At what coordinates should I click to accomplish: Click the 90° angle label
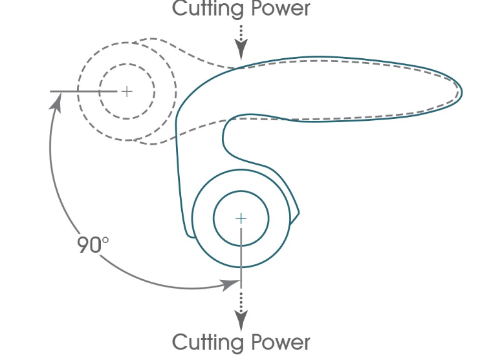(x=93, y=245)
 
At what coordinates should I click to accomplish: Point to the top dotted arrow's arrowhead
(x=241, y=51)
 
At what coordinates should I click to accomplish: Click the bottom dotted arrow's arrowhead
(x=241, y=321)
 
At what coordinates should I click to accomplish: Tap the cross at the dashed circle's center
(x=127, y=91)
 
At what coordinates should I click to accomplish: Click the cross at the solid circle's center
(x=241, y=218)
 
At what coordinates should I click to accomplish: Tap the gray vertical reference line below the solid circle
(x=241, y=259)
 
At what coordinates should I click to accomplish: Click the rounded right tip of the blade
(x=461, y=90)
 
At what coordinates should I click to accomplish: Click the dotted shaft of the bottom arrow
(x=241, y=301)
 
